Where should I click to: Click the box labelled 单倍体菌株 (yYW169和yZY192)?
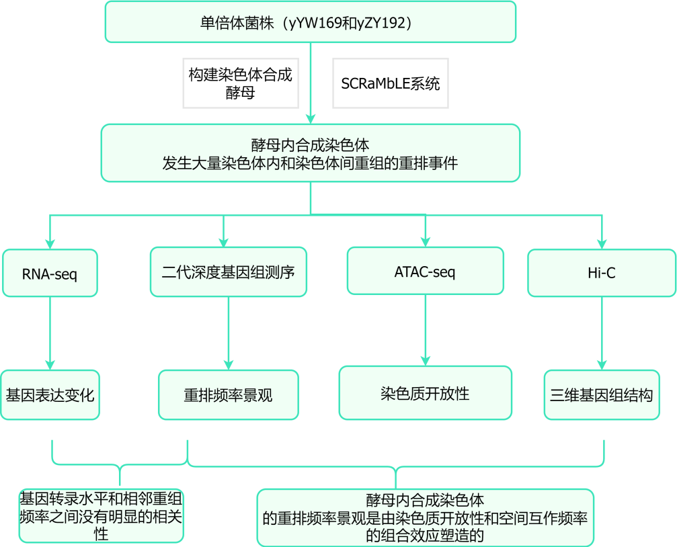pos(311,22)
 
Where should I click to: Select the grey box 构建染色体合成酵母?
pos(241,83)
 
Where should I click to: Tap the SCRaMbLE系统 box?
pos(391,83)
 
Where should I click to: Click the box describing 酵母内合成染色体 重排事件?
pos(311,153)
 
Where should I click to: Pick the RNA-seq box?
pos(50,273)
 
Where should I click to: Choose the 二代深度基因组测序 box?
pos(229,272)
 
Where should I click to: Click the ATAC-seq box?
pos(426,271)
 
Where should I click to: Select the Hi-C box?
pos(602,273)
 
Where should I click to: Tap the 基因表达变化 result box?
pos(50,394)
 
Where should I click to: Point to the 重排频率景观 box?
pos(229,394)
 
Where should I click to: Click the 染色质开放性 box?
pos(426,393)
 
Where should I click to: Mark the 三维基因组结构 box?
pos(602,394)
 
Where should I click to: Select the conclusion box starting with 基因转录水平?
pos(101,516)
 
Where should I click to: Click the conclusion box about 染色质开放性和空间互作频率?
pos(426,517)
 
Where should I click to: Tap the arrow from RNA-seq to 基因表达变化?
pos(50,333)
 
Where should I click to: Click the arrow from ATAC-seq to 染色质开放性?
pos(426,330)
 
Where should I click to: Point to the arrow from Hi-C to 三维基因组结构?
pos(602,333)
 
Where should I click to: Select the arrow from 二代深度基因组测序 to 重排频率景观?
pos(229,333)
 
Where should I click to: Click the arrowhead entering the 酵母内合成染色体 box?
pos(311,119)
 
